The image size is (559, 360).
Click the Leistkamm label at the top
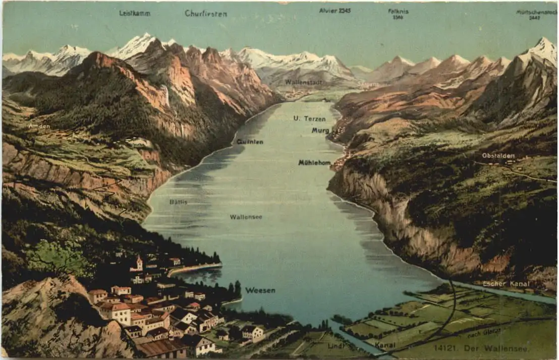click(x=135, y=13)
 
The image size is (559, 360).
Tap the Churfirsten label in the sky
click(x=206, y=14)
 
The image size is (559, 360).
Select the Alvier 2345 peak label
click(x=334, y=10)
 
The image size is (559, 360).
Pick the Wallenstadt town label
click(x=304, y=82)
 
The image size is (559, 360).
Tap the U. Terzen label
click(x=309, y=119)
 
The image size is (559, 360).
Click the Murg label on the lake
click(x=320, y=130)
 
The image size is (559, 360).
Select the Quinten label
click(x=250, y=142)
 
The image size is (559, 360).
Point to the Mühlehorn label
click(x=314, y=162)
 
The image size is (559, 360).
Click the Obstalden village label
click(x=498, y=155)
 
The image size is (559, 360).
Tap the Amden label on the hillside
click(x=39, y=126)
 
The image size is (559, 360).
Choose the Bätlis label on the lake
click(x=178, y=202)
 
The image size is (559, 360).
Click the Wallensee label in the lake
click(x=246, y=217)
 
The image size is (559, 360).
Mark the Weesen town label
click(x=260, y=290)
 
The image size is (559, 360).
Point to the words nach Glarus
click(x=484, y=332)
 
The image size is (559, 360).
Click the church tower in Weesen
click(x=139, y=262)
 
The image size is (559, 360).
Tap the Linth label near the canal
click(x=336, y=346)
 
